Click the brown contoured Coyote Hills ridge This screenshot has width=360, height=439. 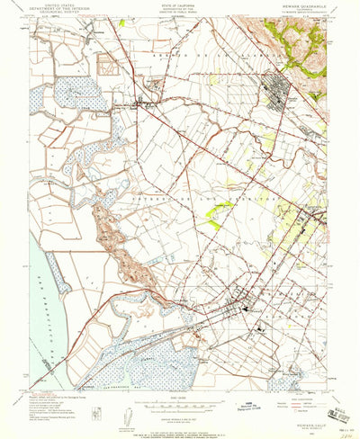coord(112,243)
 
